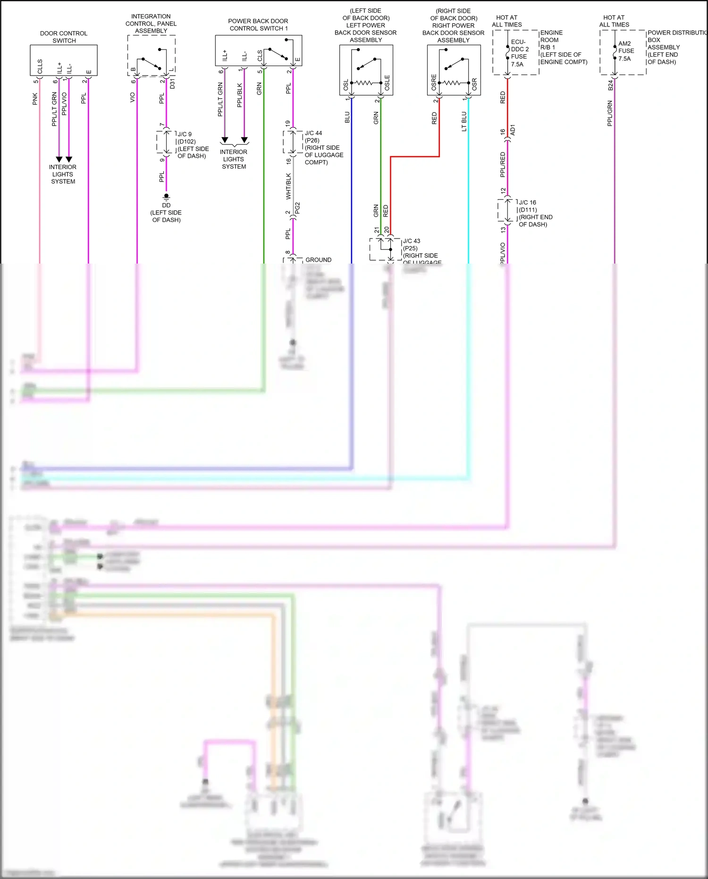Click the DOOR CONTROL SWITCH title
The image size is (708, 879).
click(64, 37)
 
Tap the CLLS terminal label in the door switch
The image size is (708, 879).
click(40, 66)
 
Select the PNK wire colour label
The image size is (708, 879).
click(35, 99)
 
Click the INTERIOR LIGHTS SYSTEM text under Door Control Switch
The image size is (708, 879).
click(63, 174)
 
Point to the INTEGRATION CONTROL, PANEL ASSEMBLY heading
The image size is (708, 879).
click(151, 24)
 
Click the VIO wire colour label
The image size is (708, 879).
click(133, 97)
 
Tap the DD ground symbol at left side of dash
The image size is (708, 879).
click(166, 196)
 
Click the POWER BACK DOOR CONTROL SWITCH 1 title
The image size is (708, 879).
click(258, 25)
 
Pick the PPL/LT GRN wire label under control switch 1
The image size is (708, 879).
click(220, 99)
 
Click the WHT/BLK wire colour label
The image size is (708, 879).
click(288, 186)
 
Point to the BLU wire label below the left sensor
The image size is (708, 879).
click(347, 117)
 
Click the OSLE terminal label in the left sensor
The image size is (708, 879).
click(388, 83)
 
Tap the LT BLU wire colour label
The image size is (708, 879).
click(464, 121)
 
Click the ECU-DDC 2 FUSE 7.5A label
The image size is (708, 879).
click(519, 53)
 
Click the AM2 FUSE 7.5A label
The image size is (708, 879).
click(626, 51)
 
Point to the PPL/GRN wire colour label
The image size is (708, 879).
click(610, 113)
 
